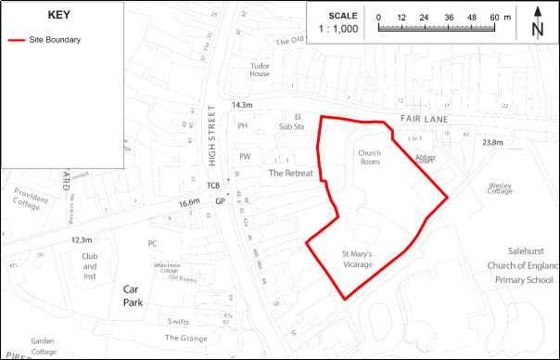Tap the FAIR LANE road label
tap(425, 120)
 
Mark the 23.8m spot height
tap(492, 143)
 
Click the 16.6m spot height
tap(189, 202)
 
